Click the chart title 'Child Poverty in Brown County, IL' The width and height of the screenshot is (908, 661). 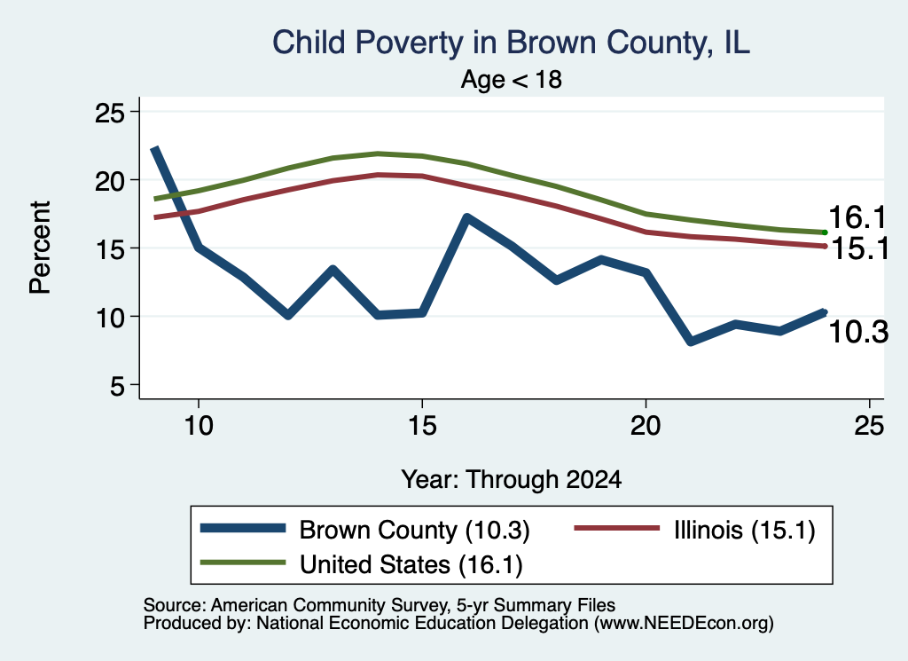[511, 43]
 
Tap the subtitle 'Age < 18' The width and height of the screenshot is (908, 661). [512, 79]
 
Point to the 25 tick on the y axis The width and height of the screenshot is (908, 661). [109, 112]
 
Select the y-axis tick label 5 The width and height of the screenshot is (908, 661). [117, 385]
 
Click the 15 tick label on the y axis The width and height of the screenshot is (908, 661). [109, 248]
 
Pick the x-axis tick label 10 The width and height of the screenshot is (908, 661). [199, 426]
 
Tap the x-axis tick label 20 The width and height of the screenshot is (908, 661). [646, 426]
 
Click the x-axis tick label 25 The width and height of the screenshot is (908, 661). [869, 426]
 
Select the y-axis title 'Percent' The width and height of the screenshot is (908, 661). [41, 248]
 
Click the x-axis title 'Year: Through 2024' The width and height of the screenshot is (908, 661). [512, 480]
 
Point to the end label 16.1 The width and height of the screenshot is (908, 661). [857, 218]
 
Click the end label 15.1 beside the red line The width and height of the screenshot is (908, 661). [860, 249]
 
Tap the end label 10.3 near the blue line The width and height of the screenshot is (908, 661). [858, 333]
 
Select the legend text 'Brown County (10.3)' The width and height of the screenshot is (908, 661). [415, 530]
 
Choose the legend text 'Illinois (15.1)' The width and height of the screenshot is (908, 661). [745, 530]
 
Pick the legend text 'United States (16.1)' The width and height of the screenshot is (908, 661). [411, 564]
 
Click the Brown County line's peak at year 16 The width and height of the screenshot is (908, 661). [466, 218]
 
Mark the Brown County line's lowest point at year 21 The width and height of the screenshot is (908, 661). [690, 342]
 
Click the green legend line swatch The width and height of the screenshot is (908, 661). [243, 563]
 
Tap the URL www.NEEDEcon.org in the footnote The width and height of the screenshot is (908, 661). [684, 624]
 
